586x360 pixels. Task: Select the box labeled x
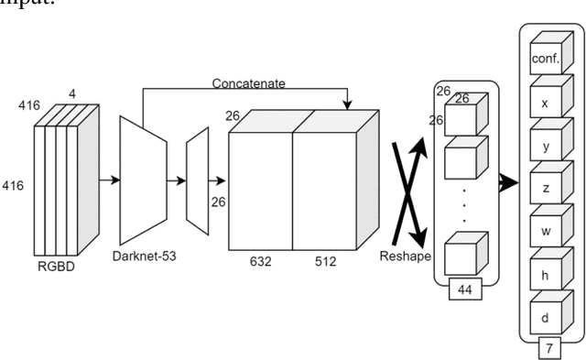(x=544, y=104)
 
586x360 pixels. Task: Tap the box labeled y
(x=544, y=146)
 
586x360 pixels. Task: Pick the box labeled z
(x=544, y=188)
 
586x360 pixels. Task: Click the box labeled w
(x=544, y=230)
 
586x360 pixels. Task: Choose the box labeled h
(x=544, y=272)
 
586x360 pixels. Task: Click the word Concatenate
(x=249, y=83)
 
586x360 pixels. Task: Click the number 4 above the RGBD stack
(x=71, y=92)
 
